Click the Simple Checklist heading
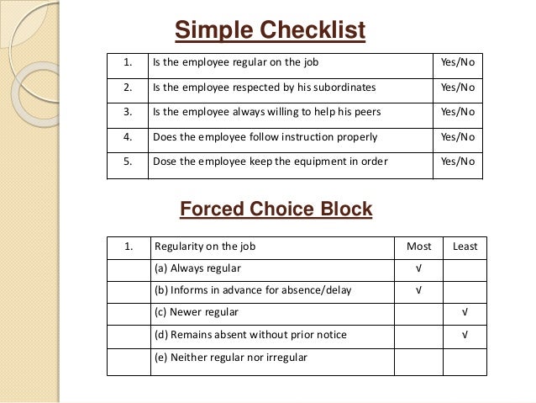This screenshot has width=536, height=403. click(x=270, y=31)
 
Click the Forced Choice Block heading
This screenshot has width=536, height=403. click(x=276, y=209)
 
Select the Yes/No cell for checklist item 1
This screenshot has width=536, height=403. click(x=458, y=62)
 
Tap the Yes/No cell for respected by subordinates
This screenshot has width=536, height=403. click(x=458, y=87)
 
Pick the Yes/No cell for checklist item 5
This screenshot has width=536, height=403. click(x=458, y=161)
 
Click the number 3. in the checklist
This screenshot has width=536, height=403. click(x=128, y=111)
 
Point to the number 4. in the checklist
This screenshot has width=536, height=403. click(x=128, y=136)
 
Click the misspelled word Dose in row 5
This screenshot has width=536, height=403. click(x=165, y=161)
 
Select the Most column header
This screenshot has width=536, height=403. click(x=418, y=247)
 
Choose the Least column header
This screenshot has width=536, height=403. click(x=465, y=247)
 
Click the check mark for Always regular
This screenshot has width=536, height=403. click(x=418, y=268)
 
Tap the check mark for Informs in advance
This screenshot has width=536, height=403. click(x=418, y=290)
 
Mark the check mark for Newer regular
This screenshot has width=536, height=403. click(x=465, y=312)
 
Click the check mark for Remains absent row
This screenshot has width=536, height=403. click(x=465, y=335)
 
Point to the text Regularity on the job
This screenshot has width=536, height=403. click(x=205, y=247)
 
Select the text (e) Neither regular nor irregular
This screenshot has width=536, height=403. click(x=231, y=357)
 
